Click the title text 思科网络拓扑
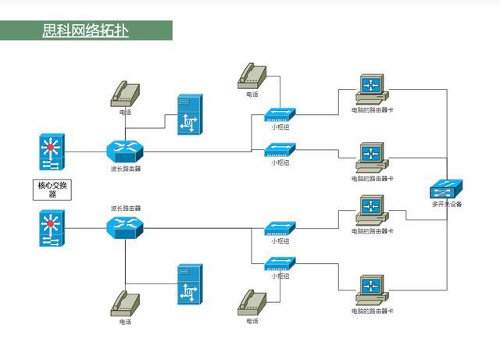[x=86, y=30]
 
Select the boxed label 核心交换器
[x=52, y=190]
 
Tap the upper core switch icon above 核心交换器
[x=52, y=152]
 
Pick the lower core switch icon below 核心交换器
[x=52, y=228]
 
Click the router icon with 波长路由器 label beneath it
[x=125, y=151]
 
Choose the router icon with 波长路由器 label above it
[x=125, y=227]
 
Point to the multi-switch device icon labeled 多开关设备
[x=447, y=189]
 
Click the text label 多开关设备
[x=447, y=205]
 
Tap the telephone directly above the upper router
[x=125, y=94]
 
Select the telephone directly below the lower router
[x=125, y=303]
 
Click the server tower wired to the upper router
[x=189, y=115]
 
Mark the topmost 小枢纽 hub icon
[x=280, y=114]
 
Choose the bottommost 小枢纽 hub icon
[x=280, y=264]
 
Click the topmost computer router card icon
[x=370, y=88]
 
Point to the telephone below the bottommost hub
[x=252, y=302]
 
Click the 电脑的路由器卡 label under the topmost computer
[x=372, y=110]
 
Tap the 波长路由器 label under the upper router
[x=126, y=168]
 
